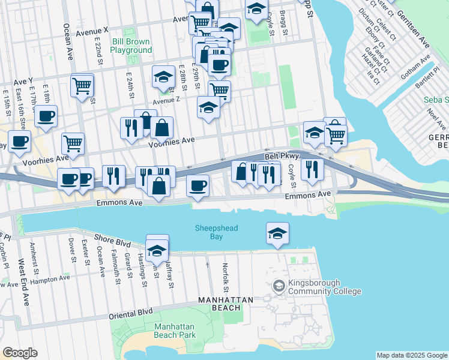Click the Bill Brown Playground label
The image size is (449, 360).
point(131,46)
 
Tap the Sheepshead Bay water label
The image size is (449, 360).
point(208,232)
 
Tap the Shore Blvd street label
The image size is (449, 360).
point(112,242)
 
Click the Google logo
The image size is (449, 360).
point(20,353)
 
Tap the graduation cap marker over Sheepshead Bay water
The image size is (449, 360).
point(277,233)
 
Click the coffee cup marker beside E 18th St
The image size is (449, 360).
point(46,117)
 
